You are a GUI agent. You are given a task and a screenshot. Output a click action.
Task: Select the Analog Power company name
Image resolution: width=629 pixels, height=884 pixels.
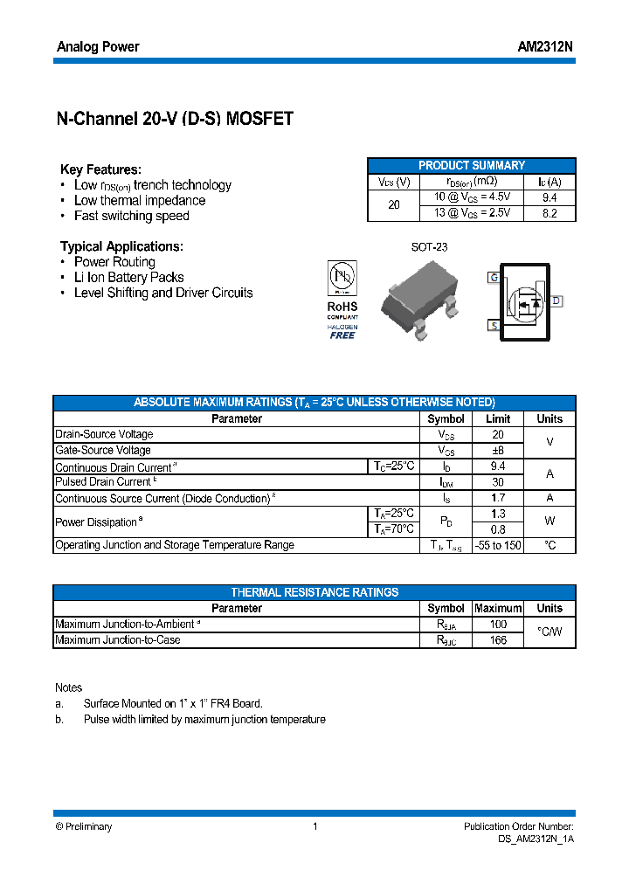coord(98,47)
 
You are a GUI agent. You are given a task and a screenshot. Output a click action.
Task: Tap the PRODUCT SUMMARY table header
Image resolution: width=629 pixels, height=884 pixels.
coord(472,165)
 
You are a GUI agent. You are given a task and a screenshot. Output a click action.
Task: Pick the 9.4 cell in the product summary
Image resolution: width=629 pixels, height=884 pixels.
coord(549,197)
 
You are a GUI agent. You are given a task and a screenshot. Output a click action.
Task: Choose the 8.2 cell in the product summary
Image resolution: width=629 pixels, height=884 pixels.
coord(549,213)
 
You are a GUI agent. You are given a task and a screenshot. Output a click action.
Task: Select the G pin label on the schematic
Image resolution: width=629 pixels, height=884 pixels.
coord(494,278)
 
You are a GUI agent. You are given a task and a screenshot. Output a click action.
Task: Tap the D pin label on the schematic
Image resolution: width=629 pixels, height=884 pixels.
coord(556,301)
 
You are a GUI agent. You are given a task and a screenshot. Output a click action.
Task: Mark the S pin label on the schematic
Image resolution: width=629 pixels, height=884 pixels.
coord(494,326)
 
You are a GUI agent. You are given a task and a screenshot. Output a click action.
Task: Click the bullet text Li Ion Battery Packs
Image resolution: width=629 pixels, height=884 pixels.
coord(128,278)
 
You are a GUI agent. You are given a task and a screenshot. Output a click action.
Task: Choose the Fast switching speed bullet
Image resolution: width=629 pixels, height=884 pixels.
coord(131,216)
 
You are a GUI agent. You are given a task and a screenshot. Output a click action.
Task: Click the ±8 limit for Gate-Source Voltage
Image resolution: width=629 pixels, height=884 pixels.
coord(497,451)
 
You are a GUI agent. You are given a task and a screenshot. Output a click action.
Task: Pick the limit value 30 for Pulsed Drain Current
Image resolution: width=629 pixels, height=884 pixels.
coord(497,482)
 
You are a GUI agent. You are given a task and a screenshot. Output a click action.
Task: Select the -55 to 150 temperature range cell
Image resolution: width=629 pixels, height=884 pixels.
coord(497,545)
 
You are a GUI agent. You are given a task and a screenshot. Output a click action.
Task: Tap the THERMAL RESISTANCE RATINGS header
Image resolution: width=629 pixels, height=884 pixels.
coord(314,592)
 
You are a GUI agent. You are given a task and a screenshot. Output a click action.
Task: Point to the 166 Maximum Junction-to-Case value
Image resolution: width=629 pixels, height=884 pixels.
coord(497,640)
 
